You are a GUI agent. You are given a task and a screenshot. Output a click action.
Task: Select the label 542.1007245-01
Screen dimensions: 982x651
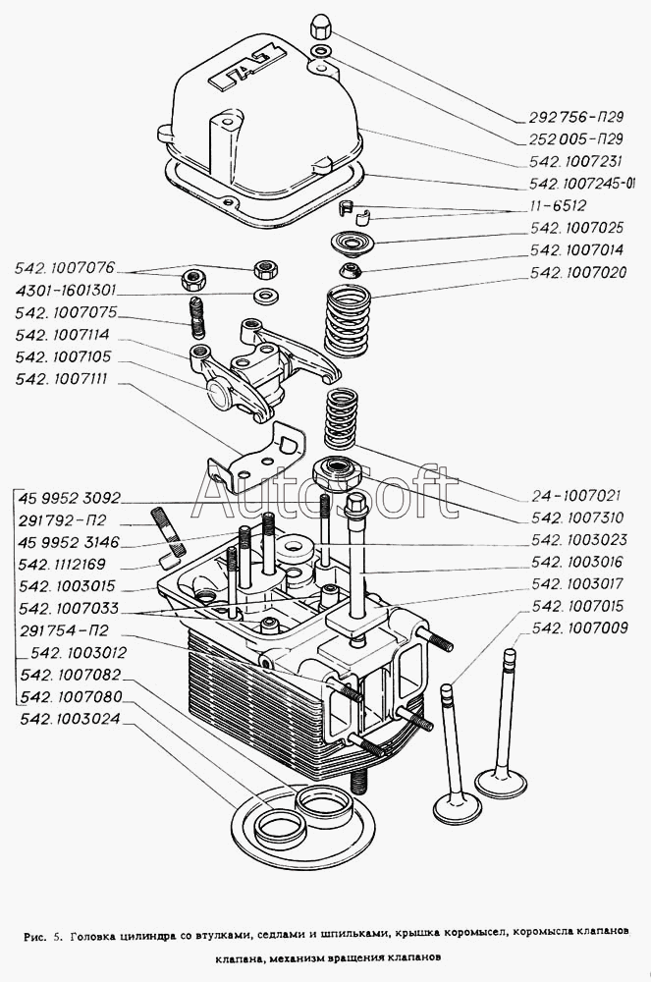tap(582, 184)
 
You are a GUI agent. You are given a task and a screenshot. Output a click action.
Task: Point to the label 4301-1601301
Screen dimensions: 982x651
tap(66, 291)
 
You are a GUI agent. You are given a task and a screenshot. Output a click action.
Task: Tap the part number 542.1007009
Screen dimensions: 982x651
tap(580, 629)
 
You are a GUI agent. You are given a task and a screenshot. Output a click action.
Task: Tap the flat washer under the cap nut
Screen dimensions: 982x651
tap(319, 50)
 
